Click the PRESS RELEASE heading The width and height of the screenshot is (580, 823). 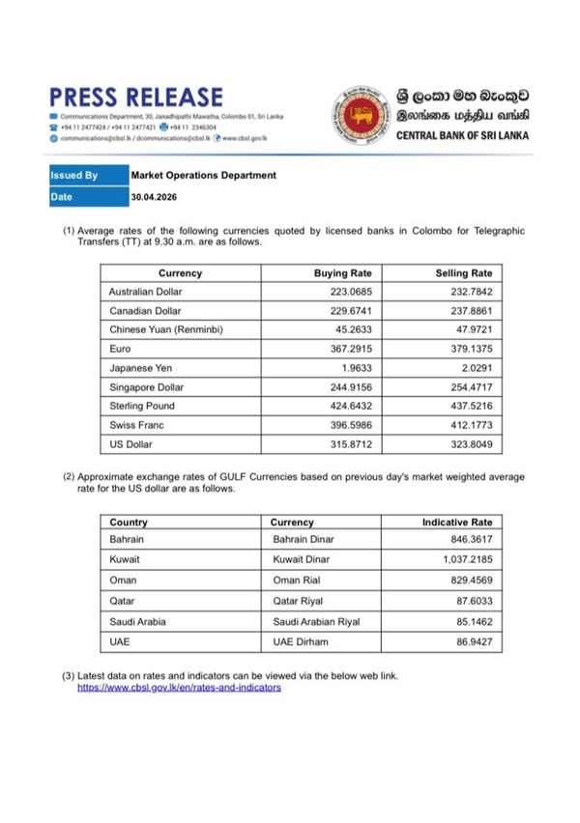(136, 97)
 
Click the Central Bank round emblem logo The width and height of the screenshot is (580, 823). (359, 115)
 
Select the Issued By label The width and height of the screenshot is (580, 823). (74, 176)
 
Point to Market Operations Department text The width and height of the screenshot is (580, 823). (203, 176)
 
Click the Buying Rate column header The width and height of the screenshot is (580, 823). (343, 273)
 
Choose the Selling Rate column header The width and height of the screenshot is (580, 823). (464, 273)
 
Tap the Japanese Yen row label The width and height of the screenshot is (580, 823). (141, 368)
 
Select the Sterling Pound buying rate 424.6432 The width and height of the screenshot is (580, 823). (351, 407)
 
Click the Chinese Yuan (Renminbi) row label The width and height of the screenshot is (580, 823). (166, 329)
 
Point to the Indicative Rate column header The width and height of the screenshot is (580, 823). (457, 523)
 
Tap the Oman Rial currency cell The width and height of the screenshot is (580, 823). (301, 580)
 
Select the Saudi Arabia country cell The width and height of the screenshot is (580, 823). (138, 621)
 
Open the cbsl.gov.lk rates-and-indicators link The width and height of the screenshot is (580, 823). (179, 688)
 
